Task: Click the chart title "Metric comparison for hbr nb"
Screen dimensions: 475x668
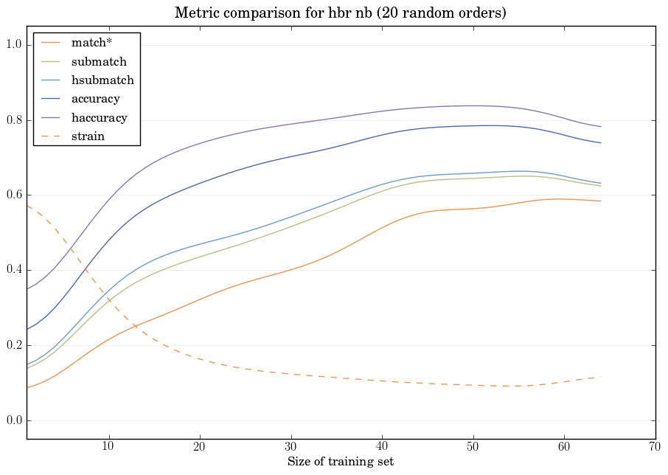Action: (x=340, y=13)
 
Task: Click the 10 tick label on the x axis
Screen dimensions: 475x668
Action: (x=109, y=447)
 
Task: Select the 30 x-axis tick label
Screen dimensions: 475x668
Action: (x=291, y=447)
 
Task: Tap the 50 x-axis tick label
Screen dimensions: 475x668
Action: (x=473, y=447)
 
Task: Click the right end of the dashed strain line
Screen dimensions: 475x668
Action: (x=601, y=377)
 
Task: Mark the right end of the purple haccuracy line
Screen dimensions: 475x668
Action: (x=601, y=127)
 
